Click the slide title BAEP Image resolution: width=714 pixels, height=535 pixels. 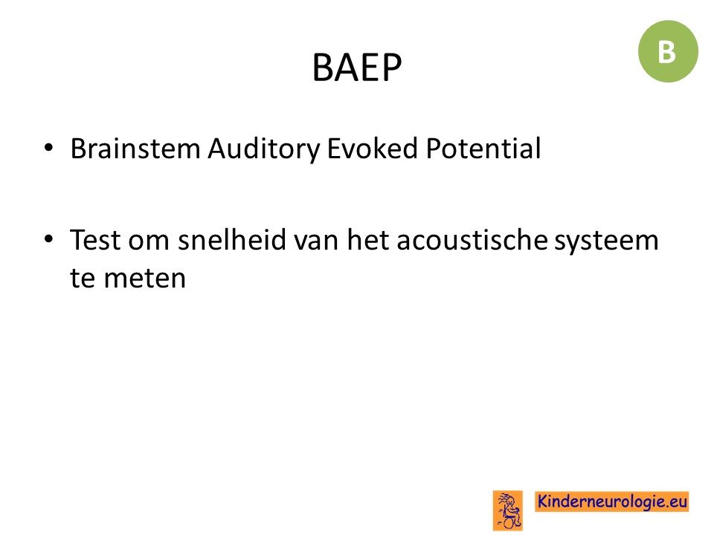click(357, 68)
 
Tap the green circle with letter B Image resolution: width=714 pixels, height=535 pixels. click(668, 51)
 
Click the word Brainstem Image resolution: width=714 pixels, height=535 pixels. click(135, 149)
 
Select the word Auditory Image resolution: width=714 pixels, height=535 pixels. click(264, 149)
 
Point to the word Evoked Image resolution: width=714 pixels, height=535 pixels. click(373, 149)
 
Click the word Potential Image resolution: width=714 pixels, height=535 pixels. click(483, 149)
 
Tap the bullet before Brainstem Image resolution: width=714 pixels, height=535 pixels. click(49, 148)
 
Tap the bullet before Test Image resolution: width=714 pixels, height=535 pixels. click(49, 239)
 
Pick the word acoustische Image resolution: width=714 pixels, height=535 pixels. click(472, 239)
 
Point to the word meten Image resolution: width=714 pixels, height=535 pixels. click(145, 279)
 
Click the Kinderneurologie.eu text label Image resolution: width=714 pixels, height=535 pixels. click(612, 502)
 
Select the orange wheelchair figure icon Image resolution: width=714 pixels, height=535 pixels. click(508, 510)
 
